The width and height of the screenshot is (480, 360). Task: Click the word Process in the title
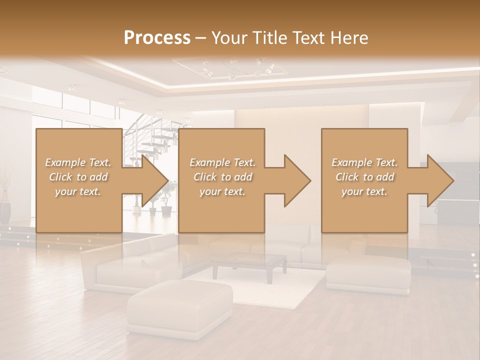point(157,38)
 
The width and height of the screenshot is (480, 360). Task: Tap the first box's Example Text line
point(78,162)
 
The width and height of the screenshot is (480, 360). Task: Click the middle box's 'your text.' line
point(222,191)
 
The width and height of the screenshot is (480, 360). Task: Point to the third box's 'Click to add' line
point(364,177)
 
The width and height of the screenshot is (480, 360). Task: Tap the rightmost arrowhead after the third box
point(440,180)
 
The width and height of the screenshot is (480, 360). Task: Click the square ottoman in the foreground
point(180,307)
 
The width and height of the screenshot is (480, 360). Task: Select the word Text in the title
point(305,38)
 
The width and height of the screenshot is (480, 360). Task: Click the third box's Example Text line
point(364,162)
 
